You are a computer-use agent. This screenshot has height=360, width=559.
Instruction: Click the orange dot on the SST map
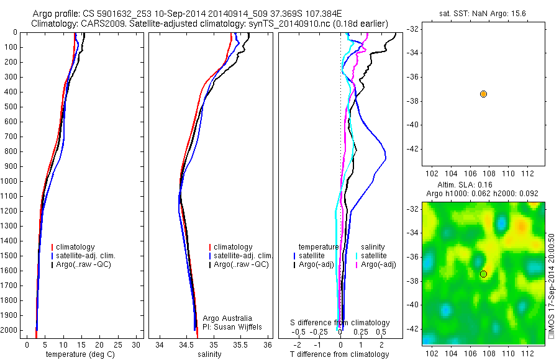pos(483,94)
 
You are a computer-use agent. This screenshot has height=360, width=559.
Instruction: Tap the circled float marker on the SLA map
pos(483,274)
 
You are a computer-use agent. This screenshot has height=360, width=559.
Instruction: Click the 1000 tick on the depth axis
pos(10,181)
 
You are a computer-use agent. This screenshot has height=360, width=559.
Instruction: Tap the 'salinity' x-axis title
pos(209,354)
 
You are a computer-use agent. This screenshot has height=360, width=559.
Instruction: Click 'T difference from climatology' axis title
pos(339,354)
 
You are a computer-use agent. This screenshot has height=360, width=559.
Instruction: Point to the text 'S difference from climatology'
pos(340,323)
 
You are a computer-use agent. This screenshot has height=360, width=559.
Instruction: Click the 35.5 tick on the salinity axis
pos(240,344)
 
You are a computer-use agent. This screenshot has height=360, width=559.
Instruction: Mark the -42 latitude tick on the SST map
pos(413,149)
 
